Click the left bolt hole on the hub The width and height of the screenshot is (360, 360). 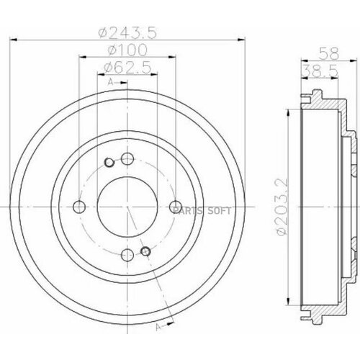tap(81, 207)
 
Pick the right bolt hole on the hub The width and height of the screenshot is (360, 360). tap(174, 207)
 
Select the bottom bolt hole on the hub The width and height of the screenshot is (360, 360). tap(127, 254)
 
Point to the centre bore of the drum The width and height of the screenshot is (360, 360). tap(127, 207)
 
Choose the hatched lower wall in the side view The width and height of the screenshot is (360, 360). tap(320, 310)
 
